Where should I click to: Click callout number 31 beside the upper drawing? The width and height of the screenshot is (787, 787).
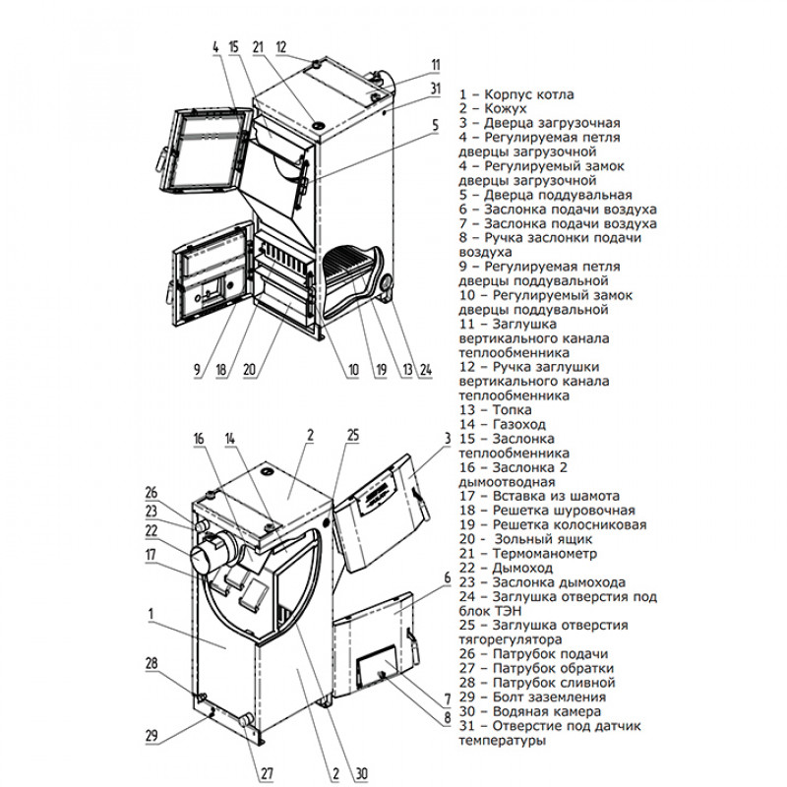point(436,89)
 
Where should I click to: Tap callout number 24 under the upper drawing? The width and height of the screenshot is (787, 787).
point(425,370)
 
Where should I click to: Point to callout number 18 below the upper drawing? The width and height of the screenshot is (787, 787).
point(222,370)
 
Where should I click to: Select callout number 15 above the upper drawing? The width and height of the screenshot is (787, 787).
point(233,47)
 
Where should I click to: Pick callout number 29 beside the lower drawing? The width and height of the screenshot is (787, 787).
point(151,736)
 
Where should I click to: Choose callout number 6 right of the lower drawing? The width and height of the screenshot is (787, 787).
point(447,577)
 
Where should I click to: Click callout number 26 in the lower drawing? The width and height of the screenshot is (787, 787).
point(151,493)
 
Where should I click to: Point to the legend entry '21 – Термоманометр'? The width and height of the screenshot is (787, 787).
point(526,553)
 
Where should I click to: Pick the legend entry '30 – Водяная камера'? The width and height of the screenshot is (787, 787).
point(535,710)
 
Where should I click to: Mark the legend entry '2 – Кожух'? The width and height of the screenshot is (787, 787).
point(493,108)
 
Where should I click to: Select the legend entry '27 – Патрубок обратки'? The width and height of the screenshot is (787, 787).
point(536,667)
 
